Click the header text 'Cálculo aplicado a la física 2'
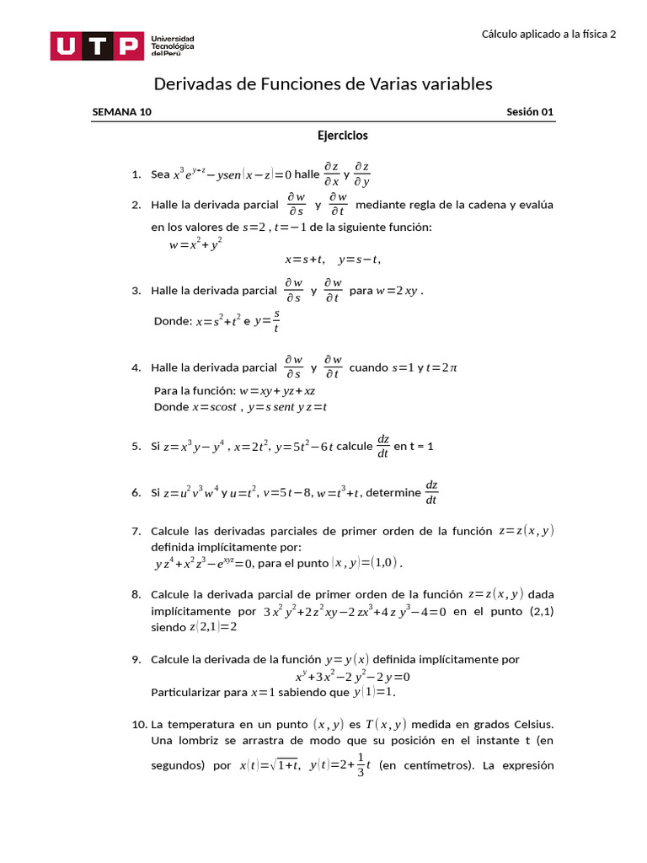(x=548, y=34)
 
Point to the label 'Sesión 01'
(x=530, y=112)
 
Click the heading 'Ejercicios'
(x=342, y=135)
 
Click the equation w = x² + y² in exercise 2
(x=195, y=244)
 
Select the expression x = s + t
(x=304, y=260)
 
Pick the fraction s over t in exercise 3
(x=276, y=320)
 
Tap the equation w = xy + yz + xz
(x=277, y=391)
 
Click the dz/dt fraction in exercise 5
(x=382, y=446)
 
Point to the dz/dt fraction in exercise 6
(x=431, y=492)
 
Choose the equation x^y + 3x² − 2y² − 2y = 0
(x=352, y=676)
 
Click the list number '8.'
(x=136, y=594)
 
